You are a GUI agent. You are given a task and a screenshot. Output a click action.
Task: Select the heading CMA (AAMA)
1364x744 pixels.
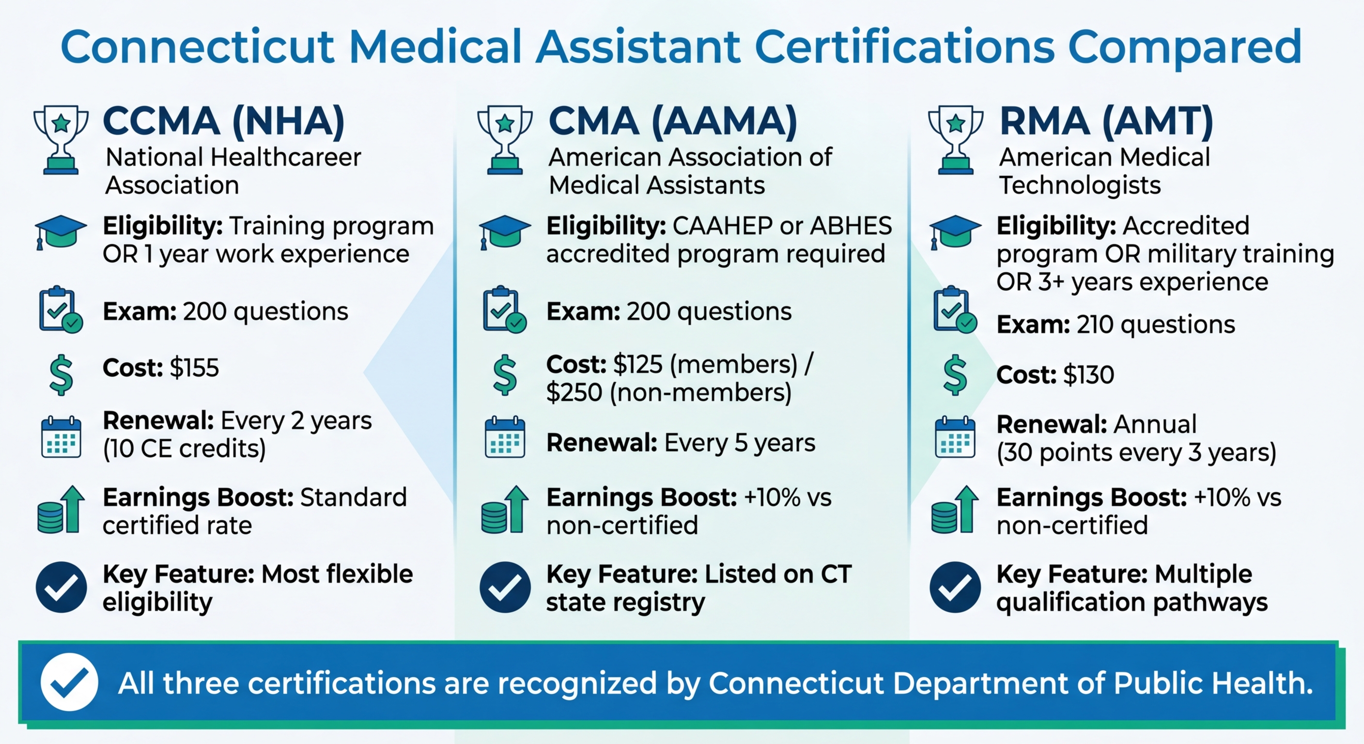[672, 121]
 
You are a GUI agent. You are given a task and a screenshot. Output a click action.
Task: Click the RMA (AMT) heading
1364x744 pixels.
[1106, 121]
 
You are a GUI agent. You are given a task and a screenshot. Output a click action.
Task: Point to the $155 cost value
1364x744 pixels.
[194, 368]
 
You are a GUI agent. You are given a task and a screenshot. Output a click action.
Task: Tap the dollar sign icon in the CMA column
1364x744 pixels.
[505, 375]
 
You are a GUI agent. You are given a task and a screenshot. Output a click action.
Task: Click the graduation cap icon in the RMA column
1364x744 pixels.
[955, 232]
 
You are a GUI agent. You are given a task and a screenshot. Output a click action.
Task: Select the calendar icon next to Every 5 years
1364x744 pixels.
[505, 438]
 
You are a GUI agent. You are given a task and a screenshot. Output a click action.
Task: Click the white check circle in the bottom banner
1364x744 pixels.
[69, 682]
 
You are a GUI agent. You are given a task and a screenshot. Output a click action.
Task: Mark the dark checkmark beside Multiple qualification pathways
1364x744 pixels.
[955, 587]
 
